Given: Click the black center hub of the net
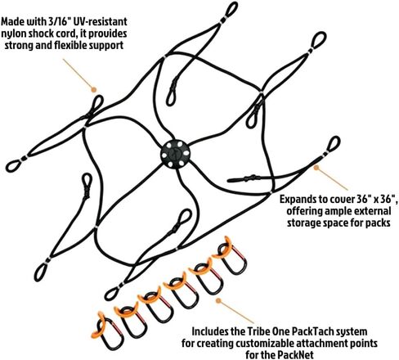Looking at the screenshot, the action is point(175,155).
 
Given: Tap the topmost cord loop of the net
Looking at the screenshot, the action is point(231,9).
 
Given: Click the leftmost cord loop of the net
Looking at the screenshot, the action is point(13,166).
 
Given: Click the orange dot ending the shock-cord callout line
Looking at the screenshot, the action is point(93,89).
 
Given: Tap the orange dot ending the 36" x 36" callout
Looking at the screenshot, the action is point(316,168).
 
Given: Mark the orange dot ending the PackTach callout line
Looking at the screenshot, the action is point(218,300).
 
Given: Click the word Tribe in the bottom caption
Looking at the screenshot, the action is point(258,331).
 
